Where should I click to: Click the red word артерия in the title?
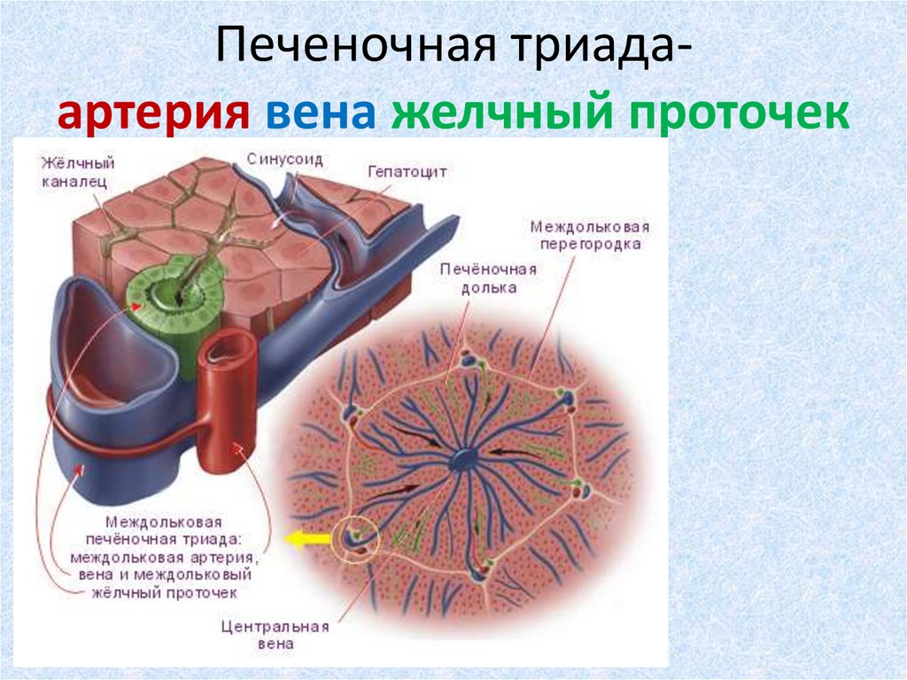pyautogui.click(x=152, y=114)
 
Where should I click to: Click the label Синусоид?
pyautogui.click(x=284, y=160)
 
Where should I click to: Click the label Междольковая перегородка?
pyautogui.click(x=585, y=234)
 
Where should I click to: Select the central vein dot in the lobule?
pyautogui.click(x=463, y=459)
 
